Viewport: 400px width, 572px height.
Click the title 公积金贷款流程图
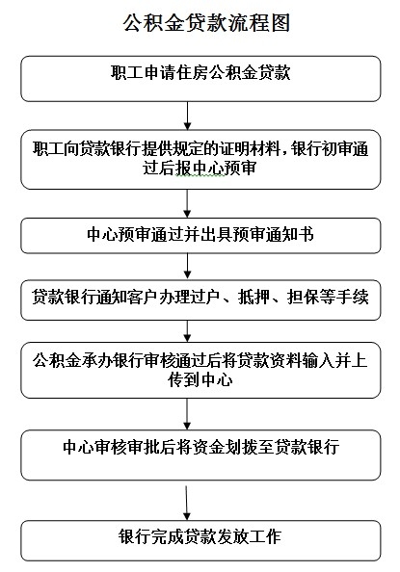coord(206,23)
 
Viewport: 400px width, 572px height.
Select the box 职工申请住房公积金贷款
coord(200,78)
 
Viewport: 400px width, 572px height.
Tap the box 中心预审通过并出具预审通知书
coord(200,236)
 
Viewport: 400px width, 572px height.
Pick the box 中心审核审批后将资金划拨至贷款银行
coord(200,455)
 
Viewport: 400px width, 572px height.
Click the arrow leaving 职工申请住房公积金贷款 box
coord(187,116)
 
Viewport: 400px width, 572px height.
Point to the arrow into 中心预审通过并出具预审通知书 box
coord(187,203)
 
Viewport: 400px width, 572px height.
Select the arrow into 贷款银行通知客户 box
coord(187,267)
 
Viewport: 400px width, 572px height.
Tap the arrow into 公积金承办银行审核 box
coord(187,331)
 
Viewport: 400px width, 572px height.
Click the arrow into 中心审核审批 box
coord(187,414)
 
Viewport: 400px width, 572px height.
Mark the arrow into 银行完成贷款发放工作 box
coord(187,503)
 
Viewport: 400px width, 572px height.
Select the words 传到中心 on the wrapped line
coord(200,379)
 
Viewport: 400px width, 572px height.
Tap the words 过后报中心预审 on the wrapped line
coord(200,169)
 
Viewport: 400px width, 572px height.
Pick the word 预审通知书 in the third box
coord(273,234)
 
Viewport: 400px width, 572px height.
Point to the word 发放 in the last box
coord(232,536)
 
